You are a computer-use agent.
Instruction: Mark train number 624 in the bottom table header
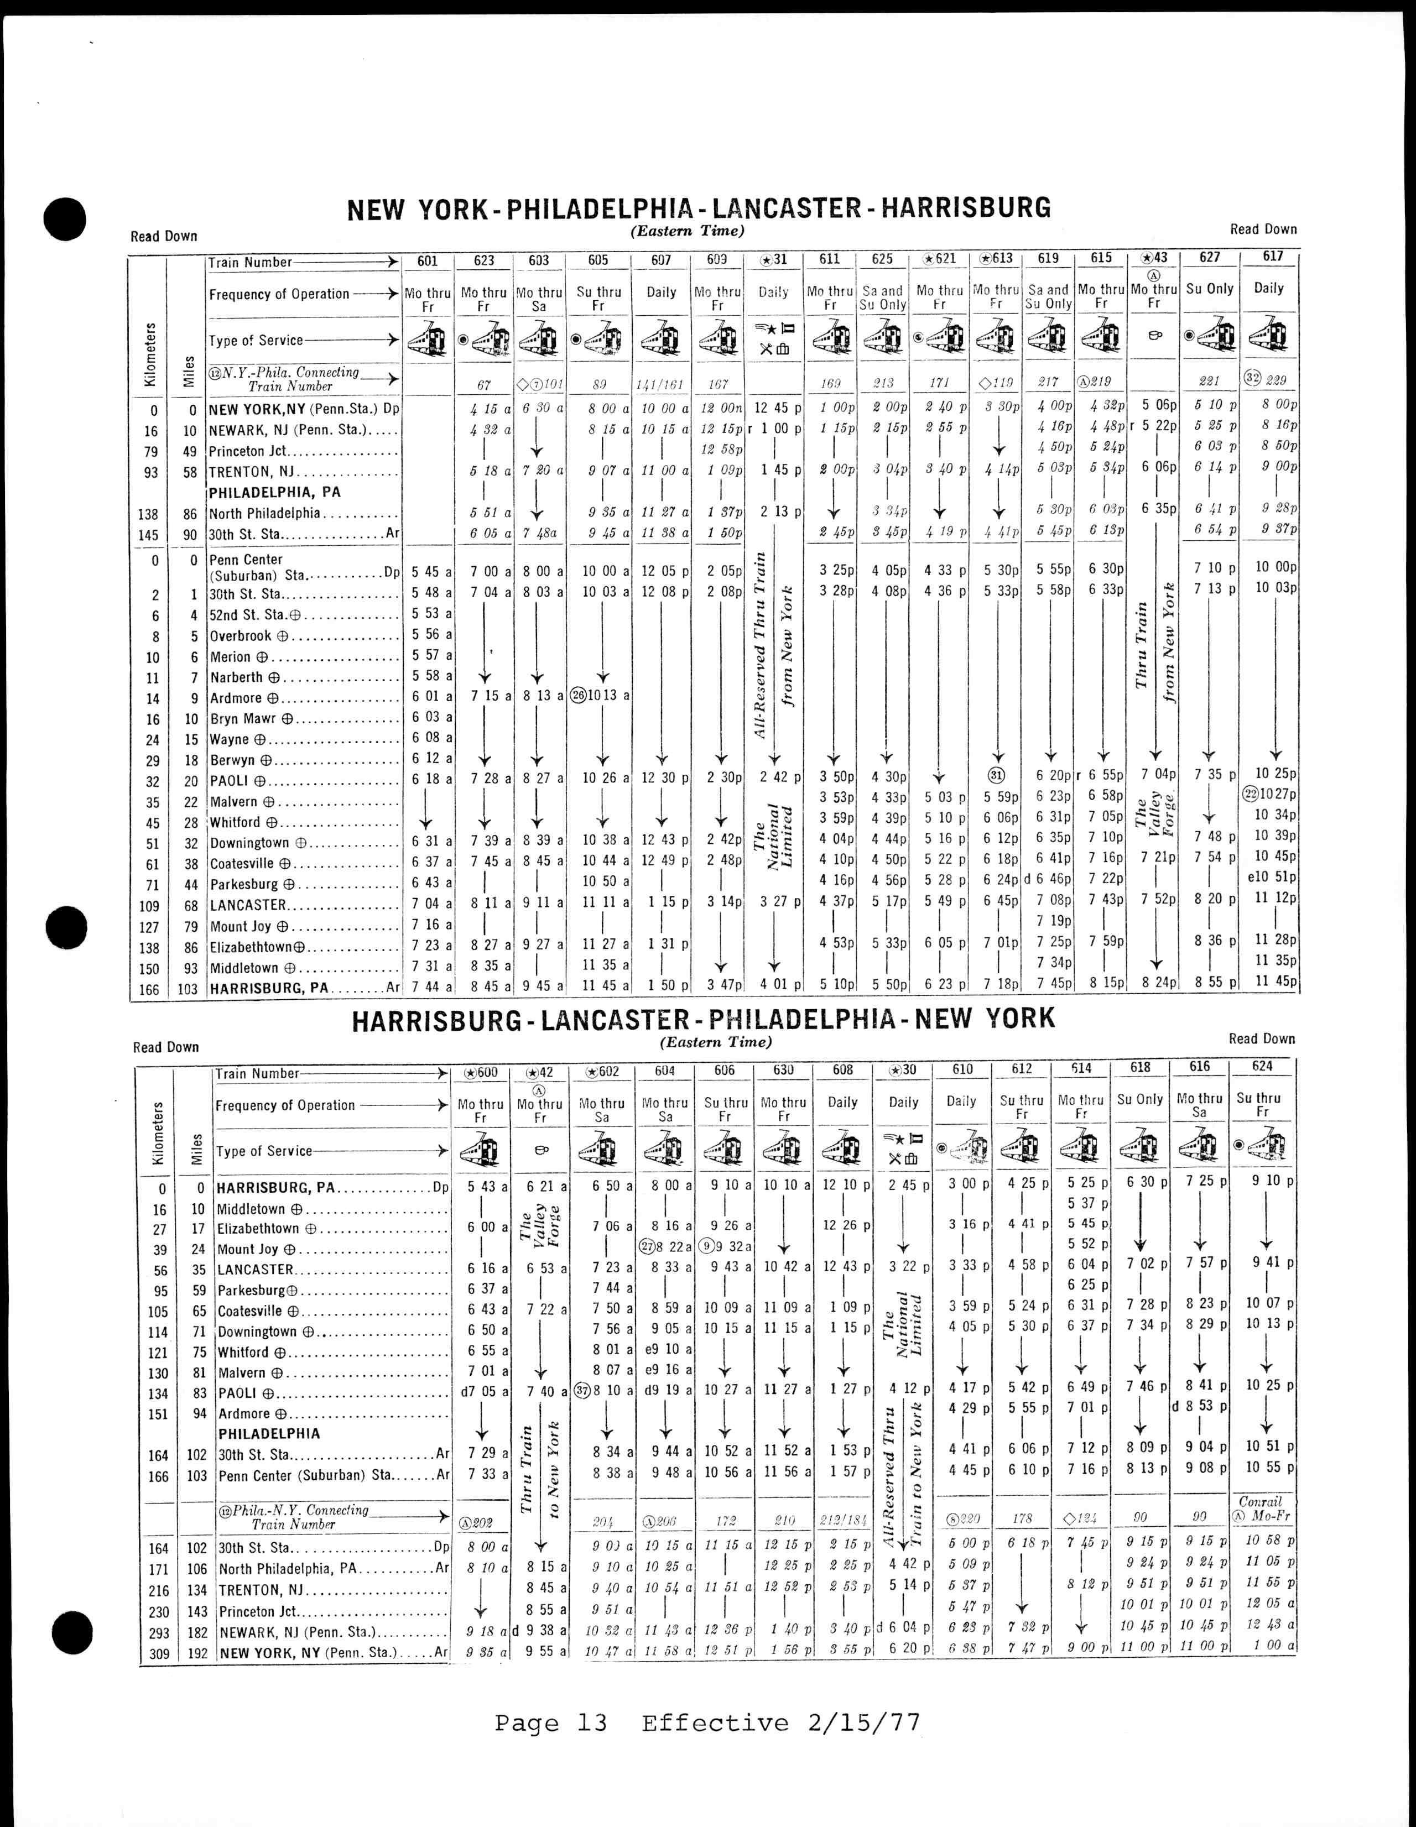click(1262, 1067)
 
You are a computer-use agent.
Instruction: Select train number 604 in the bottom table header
click(664, 1071)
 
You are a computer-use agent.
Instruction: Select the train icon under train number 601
click(428, 339)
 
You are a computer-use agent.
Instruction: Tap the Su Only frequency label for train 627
click(1209, 289)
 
